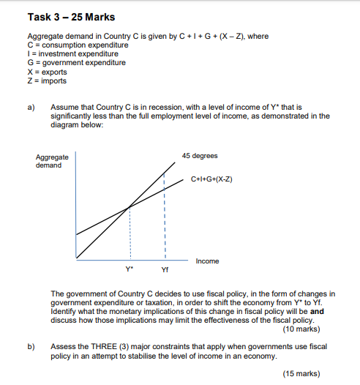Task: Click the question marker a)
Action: pos(31,108)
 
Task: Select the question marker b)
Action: pos(31,345)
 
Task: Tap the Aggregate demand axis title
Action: pos(52,161)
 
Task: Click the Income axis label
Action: pos(207,261)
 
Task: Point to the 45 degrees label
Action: pos(200,156)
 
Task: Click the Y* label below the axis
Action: pos(130,269)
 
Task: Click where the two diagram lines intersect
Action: pos(130,206)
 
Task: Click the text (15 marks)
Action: pos(302,373)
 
